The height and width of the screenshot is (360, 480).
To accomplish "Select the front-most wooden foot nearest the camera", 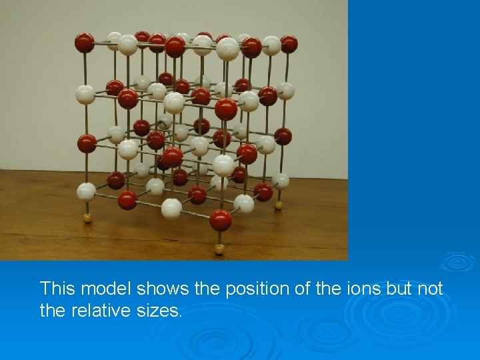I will click(x=219, y=249).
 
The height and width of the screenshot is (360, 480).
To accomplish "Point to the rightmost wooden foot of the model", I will click(x=279, y=205).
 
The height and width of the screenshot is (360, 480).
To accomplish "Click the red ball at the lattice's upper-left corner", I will click(x=84, y=43).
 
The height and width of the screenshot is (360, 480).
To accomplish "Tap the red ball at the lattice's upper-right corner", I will click(x=289, y=44).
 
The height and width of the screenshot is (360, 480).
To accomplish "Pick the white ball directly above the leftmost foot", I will click(x=85, y=192).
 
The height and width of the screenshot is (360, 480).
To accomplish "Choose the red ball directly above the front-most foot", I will click(x=220, y=219).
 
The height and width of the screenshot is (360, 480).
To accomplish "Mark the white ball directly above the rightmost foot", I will click(x=281, y=181).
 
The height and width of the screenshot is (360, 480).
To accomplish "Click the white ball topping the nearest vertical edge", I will click(x=227, y=49).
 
